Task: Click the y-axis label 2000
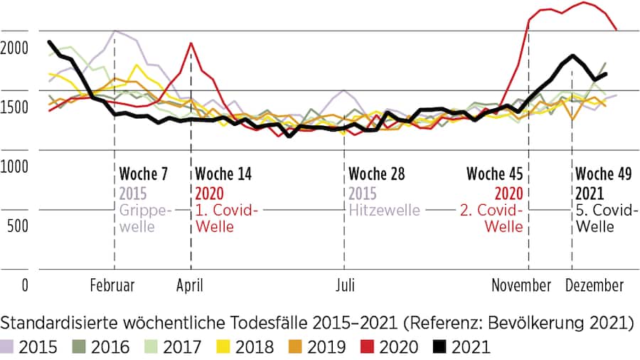[15, 48]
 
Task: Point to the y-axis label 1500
[15, 107]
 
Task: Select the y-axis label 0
[25, 286]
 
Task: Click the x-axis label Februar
[112, 286]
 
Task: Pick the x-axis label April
[190, 286]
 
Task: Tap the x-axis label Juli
[345, 286]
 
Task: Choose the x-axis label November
[522, 286]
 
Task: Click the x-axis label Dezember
[594, 286]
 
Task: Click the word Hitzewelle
[384, 211]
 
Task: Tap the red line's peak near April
[191, 43]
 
